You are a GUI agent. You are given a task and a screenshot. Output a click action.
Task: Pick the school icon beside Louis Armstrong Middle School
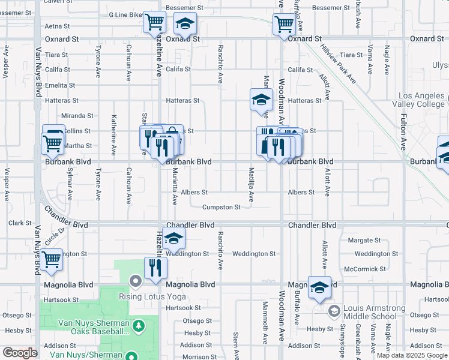tap(319, 287)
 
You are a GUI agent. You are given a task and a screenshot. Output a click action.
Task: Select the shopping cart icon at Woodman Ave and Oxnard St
tap(284, 25)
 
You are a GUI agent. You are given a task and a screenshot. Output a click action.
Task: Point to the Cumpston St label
tap(221, 208)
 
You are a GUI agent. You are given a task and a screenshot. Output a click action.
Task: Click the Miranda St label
tap(77, 116)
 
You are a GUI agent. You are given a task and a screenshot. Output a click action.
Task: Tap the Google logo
tap(20, 353)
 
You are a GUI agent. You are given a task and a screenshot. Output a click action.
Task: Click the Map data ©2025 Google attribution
tap(412, 355)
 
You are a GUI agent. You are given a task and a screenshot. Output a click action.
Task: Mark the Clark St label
tap(20, 223)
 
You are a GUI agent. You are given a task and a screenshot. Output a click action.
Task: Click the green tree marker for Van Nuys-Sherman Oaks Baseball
tap(139, 325)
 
